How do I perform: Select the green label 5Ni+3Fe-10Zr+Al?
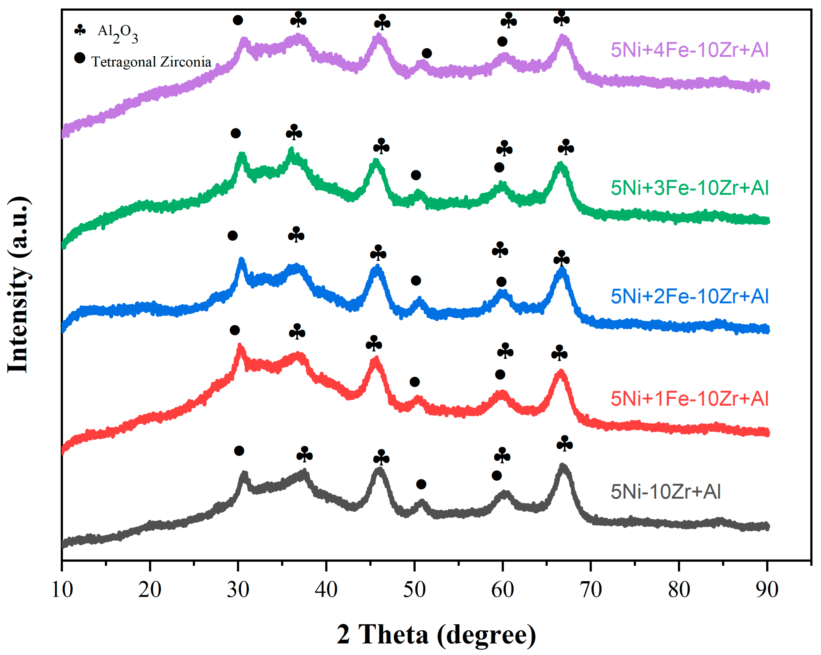(689, 188)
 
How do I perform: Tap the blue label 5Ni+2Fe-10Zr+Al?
(689, 296)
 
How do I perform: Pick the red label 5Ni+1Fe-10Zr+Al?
(689, 399)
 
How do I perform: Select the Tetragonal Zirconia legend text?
(151, 62)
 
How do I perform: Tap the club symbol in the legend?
(80, 30)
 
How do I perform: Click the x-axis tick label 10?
(62, 590)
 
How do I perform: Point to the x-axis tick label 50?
(414, 590)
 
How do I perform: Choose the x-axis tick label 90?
(767, 590)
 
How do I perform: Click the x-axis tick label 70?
(591, 590)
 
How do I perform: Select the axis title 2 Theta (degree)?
(436, 634)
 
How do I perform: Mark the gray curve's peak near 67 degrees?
(562, 467)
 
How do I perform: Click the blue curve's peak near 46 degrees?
(377, 268)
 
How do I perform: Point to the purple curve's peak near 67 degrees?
(563, 37)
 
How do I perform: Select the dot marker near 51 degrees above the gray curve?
(421, 484)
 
